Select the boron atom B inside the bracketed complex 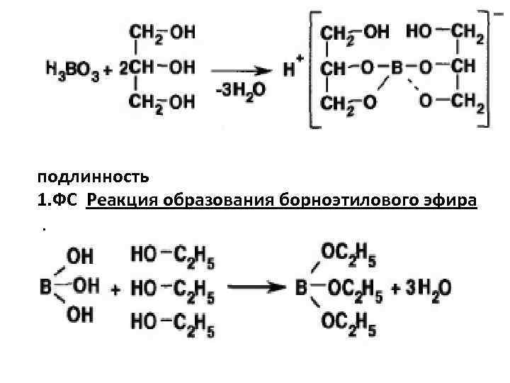click(x=397, y=70)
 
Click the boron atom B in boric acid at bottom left click(x=45, y=289)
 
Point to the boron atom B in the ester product click(x=301, y=289)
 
